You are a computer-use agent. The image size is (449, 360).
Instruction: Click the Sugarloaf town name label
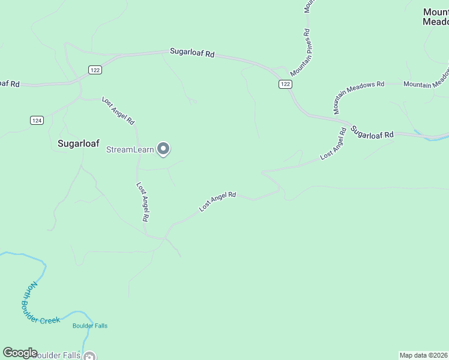(78, 144)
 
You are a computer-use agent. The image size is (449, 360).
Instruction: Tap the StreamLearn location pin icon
(163, 149)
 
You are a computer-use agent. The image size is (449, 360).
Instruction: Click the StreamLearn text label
(130, 149)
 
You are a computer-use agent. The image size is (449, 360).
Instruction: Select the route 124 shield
(37, 121)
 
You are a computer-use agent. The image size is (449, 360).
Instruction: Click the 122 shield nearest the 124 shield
(95, 70)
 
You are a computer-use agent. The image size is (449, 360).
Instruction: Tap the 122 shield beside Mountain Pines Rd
(285, 85)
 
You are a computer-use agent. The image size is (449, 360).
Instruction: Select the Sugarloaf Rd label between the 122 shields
(192, 53)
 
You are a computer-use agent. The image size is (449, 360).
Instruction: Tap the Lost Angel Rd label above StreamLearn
(118, 110)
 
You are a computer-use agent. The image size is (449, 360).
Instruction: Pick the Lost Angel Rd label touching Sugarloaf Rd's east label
(334, 144)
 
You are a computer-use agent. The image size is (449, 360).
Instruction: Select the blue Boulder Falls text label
(89, 326)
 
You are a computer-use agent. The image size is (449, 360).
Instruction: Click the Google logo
(20, 353)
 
